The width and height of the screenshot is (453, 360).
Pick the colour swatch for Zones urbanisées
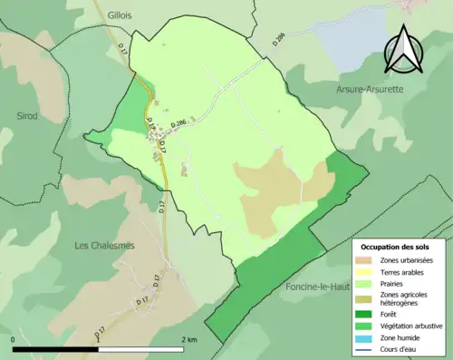click(367, 261)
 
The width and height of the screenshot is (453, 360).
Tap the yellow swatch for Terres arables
click(367, 273)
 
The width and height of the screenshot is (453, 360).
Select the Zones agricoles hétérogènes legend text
click(405, 298)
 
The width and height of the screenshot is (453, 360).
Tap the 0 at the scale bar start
click(14, 340)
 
